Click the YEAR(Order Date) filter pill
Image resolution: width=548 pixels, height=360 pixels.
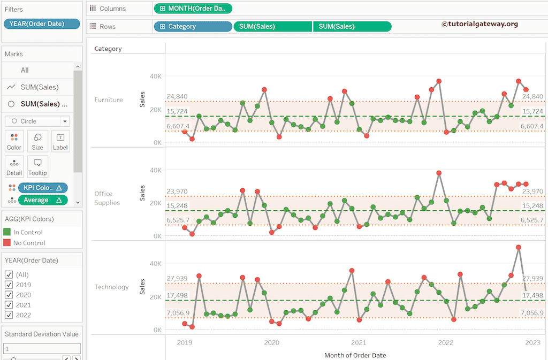(x=42, y=24)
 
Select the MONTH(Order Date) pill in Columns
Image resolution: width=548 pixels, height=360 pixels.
(x=193, y=9)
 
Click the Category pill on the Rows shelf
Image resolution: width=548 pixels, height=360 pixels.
(x=193, y=27)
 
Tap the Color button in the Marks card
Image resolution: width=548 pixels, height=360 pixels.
(x=14, y=141)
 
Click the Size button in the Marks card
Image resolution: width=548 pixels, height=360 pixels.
(x=37, y=141)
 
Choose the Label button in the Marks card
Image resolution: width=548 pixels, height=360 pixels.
(x=60, y=141)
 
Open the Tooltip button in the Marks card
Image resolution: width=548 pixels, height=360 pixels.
(x=37, y=167)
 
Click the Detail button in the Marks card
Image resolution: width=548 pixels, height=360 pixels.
(x=14, y=167)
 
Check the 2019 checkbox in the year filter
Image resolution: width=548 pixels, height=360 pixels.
(x=9, y=285)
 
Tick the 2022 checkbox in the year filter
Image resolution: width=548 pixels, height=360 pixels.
(x=9, y=315)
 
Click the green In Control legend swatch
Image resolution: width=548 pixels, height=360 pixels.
(x=7, y=232)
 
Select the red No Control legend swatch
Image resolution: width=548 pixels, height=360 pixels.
(x=7, y=243)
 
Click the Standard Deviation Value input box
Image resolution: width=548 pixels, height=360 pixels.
(x=42, y=349)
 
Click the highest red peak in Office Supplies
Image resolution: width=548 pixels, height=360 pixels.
(x=439, y=173)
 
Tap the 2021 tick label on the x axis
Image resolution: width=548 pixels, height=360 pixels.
(x=359, y=343)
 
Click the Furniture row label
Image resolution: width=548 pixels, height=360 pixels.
(x=109, y=100)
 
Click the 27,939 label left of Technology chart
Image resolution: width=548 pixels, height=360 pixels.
(x=177, y=279)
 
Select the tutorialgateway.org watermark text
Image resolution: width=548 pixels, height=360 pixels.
(x=479, y=24)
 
